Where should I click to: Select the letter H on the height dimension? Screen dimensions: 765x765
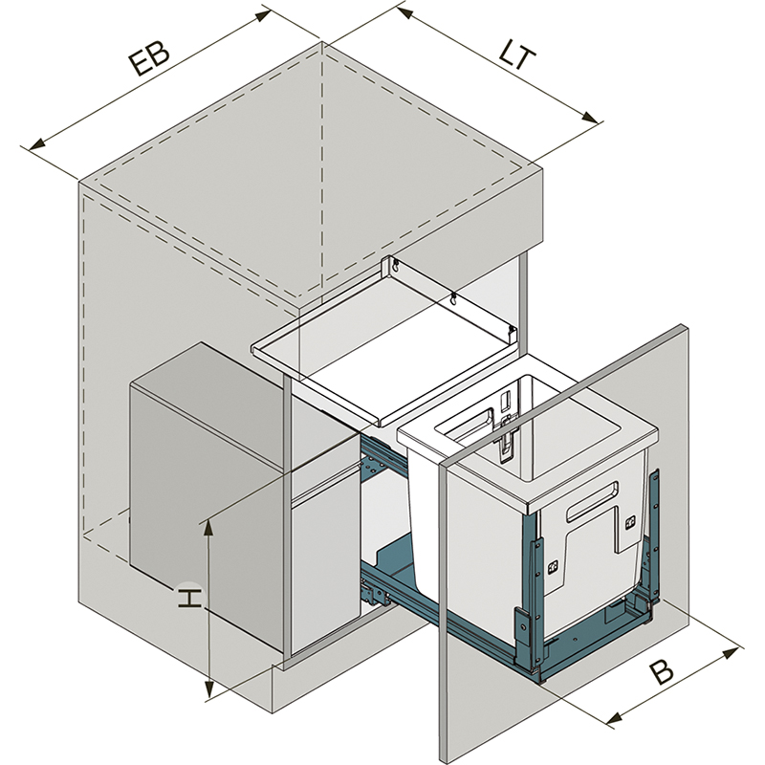190,599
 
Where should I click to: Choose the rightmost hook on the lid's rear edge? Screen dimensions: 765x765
513,331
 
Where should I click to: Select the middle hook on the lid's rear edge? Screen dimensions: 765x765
453,299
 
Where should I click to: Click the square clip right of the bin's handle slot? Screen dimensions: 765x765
630,523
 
